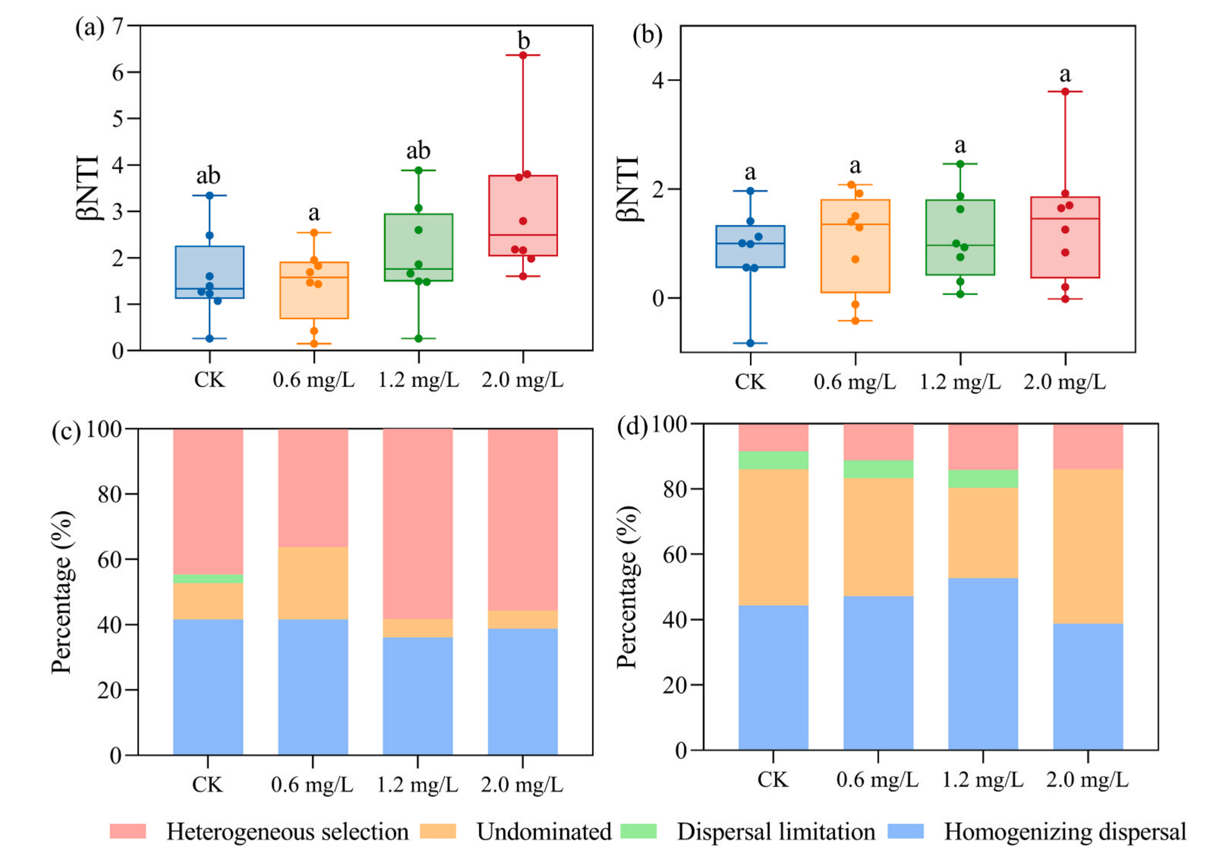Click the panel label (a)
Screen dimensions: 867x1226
point(89,28)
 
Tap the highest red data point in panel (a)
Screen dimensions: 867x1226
point(523,55)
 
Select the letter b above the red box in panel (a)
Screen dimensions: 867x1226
point(523,41)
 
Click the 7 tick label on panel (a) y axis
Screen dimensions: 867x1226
point(118,26)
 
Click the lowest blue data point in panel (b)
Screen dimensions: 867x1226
point(750,343)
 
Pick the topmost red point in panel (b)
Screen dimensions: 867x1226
point(1065,91)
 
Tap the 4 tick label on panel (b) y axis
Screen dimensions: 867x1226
point(658,80)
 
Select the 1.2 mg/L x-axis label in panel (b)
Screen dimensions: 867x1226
point(960,382)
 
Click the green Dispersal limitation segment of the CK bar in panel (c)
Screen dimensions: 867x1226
point(208,579)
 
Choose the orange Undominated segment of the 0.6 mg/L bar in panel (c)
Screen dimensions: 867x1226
point(313,583)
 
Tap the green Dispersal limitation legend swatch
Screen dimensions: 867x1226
point(639,831)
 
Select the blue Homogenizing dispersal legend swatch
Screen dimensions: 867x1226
point(906,831)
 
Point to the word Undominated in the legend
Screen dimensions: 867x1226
point(544,832)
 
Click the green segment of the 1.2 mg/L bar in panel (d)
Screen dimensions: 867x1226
point(983,479)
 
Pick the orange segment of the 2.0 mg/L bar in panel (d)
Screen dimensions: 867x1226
point(1088,546)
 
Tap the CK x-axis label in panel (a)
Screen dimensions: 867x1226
point(209,380)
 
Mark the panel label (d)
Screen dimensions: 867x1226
point(632,427)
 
